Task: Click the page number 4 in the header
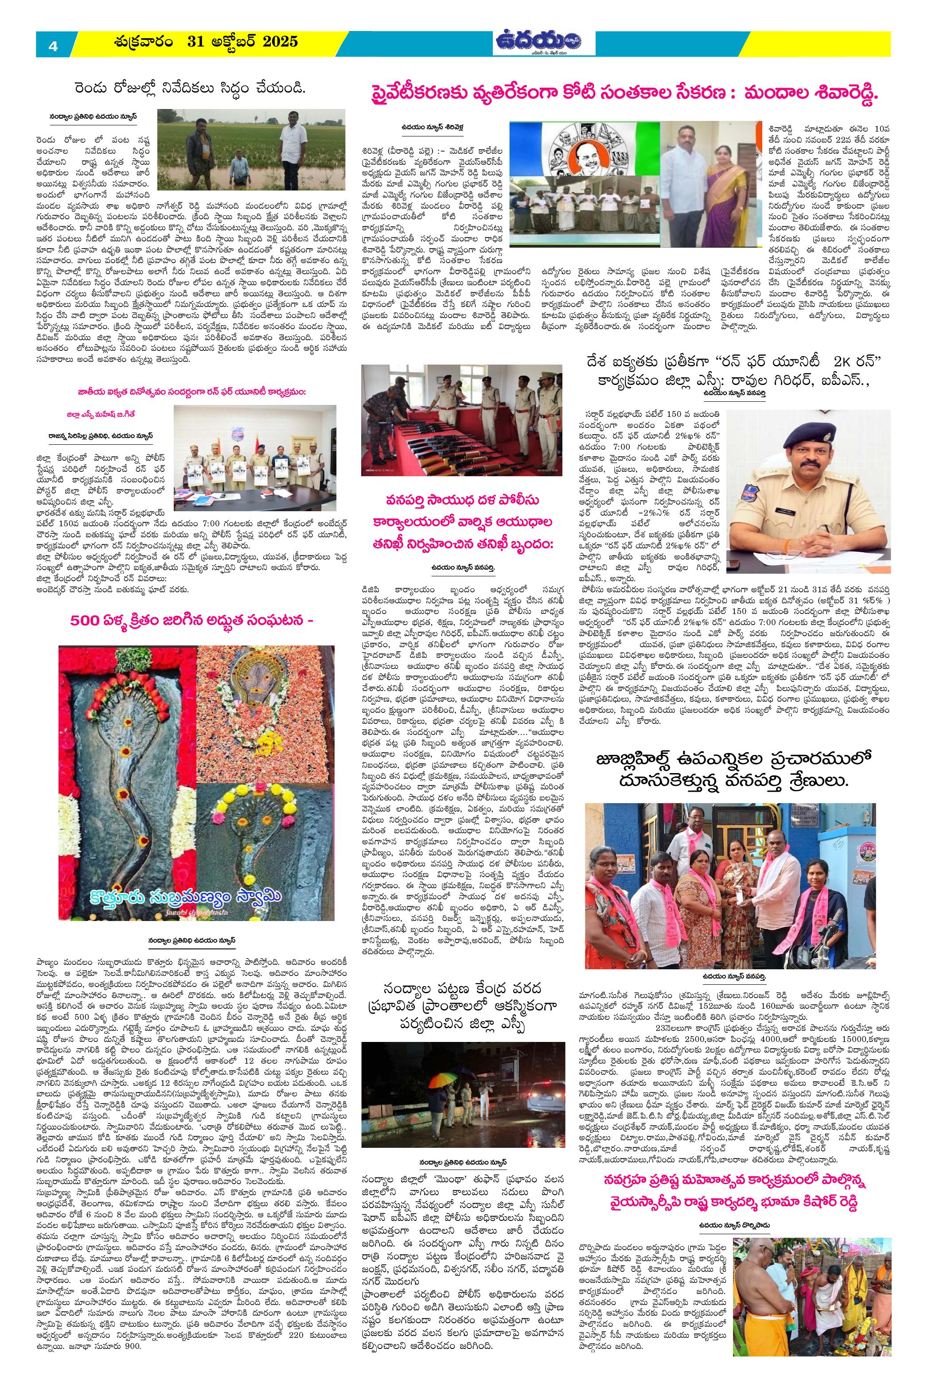pos(53,45)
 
